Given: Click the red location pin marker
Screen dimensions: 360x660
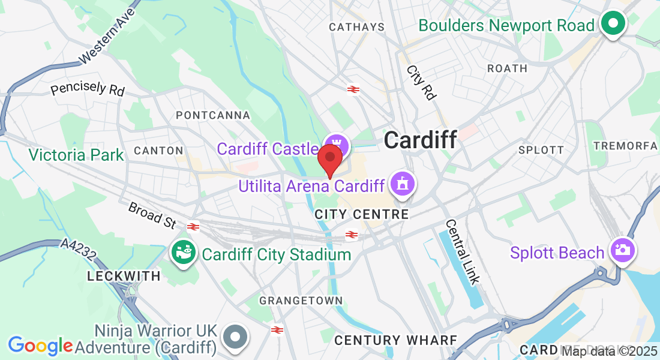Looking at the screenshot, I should (329, 158).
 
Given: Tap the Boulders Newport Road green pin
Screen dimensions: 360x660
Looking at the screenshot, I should (613, 25).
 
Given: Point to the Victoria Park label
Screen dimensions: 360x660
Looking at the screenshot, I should (76, 155).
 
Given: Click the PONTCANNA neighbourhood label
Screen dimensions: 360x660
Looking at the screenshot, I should (204, 115).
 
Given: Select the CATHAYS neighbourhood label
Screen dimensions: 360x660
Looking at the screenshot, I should (356, 27).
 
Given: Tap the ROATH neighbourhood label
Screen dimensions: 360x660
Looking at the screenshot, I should (507, 68).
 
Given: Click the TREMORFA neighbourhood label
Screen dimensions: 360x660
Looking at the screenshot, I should (625, 146).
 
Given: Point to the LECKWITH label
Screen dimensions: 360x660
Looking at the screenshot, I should (124, 276).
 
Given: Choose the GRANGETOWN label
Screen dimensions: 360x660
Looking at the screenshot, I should (301, 300).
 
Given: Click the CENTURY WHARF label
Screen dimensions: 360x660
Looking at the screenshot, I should (395, 340).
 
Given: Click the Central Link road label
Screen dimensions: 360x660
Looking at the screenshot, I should (463, 251).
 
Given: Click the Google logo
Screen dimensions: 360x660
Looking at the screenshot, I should (40, 346).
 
